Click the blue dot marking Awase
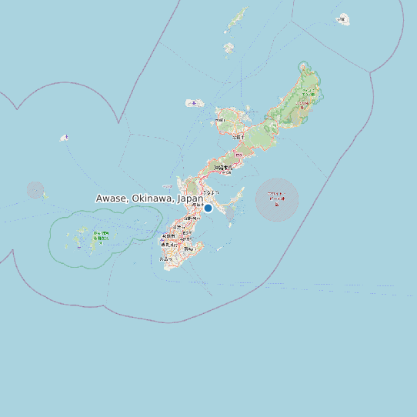click(x=208, y=208)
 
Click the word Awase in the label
click(x=112, y=198)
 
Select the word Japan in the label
click(x=190, y=198)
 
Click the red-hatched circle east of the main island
click(x=277, y=200)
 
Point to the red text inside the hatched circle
click(x=276, y=198)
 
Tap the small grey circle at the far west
click(x=35, y=190)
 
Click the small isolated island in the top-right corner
click(x=343, y=18)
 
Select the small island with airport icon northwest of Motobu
click(x=194, y=102)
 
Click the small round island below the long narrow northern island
click(x=229, y=48)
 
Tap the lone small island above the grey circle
click(x=65, y=138)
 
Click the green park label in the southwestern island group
click(x=100, y=235)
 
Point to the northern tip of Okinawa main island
click(x=308, y=64)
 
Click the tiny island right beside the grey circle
click(x=45, y=195)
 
